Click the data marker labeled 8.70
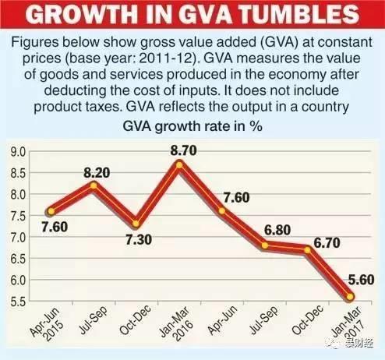point(180,164)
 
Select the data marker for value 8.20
point(94,185)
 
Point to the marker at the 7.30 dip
point(137,223)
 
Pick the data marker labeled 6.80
point(265,245)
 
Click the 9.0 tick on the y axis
point(17,150)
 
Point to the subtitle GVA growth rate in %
point(191,125)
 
